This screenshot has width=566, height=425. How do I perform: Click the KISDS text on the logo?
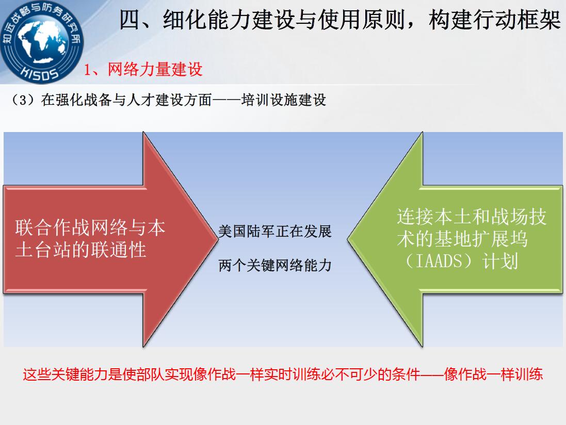click(39, 72)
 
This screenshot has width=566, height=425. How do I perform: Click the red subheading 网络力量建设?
click(155, 69)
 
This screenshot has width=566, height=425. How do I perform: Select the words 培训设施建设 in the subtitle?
click(284, 100)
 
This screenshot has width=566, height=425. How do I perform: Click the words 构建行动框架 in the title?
click(495, 20)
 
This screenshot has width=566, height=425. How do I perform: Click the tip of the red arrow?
click(218, 239)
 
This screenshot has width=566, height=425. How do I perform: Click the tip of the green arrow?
click(348, 239)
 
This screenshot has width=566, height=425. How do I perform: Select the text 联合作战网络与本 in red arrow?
click(90, 227)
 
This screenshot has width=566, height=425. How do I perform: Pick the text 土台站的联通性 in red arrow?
click(80, 250)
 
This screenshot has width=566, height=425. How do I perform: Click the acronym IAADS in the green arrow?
click(439, 261)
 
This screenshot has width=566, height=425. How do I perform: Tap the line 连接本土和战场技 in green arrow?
click(472, 217)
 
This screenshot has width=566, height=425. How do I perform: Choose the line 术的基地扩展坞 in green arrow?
click(462, 239)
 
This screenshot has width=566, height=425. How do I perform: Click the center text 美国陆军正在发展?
click(274, 231)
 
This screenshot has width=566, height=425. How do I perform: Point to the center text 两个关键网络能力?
click(274, 266)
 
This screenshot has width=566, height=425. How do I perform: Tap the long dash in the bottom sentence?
click(432, 374)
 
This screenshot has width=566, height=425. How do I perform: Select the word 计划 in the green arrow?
click(500, 261)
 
